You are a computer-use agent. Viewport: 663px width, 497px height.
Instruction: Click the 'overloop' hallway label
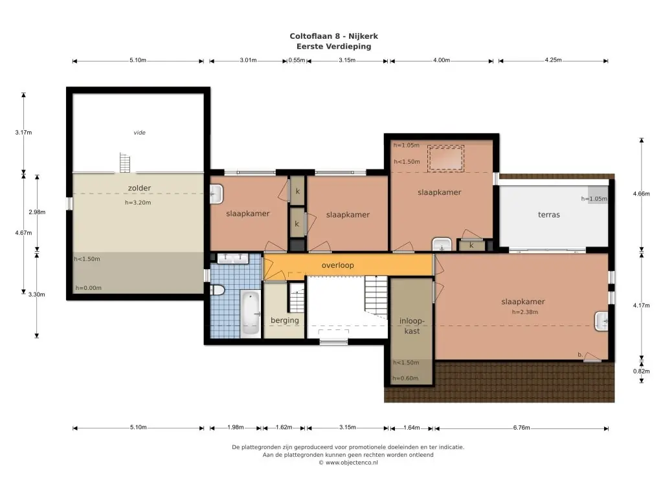pos(337,265)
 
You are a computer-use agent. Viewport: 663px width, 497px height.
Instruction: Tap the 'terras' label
pos(549,215)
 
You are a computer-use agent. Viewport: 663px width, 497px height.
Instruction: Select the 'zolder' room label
pos(139,188)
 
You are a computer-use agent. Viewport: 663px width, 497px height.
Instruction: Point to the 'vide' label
pos(140,133)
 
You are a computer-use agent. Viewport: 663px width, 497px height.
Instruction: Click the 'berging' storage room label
pos(285,320)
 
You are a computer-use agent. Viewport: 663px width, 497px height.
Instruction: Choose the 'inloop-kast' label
pos(412,326)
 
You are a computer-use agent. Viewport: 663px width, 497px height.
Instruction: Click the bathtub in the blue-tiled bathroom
pos(251,313)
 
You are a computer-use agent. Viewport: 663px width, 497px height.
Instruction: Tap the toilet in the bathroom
pos(217,290)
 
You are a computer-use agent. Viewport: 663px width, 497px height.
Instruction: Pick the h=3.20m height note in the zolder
pos(138,203)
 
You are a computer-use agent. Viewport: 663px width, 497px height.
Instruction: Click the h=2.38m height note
pos(524,313)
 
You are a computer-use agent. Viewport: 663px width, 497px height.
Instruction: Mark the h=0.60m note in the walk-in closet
pos(405,378)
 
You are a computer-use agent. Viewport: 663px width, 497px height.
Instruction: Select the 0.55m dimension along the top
pos(297,60)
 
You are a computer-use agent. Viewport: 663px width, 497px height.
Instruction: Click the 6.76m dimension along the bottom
pos(521,428)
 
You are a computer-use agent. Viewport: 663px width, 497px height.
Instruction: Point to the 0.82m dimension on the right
pos(642,371)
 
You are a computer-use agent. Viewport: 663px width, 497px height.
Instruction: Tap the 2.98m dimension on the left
pos(37,212)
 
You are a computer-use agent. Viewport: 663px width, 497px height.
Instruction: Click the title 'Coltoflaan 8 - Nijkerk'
pos(333,36)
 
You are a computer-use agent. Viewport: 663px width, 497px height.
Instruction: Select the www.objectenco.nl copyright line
pos(348,463)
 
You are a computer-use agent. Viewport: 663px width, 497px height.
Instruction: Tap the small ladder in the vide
pos(125,162)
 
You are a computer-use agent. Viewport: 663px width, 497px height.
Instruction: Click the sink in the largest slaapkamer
pos(601,321)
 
